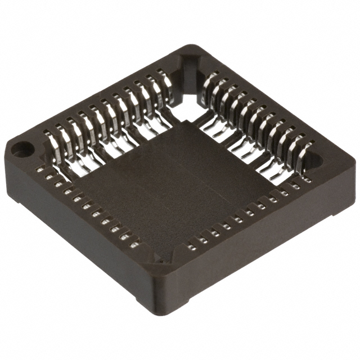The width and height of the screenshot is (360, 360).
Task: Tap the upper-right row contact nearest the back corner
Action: [209, 84]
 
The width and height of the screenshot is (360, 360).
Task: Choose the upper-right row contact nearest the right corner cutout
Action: [304, 143]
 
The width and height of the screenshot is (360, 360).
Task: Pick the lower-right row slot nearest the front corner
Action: [193, 245]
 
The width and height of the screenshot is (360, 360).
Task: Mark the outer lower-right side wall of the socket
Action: [259, 247]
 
